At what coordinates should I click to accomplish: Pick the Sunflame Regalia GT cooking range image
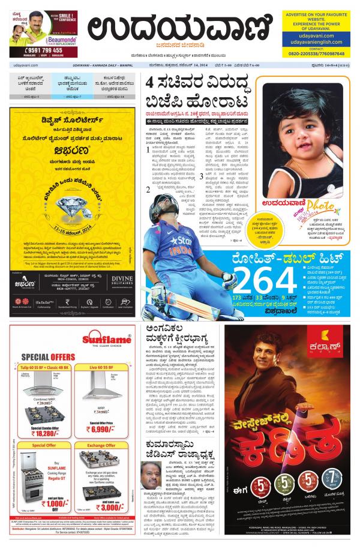click(x=30, y=477)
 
